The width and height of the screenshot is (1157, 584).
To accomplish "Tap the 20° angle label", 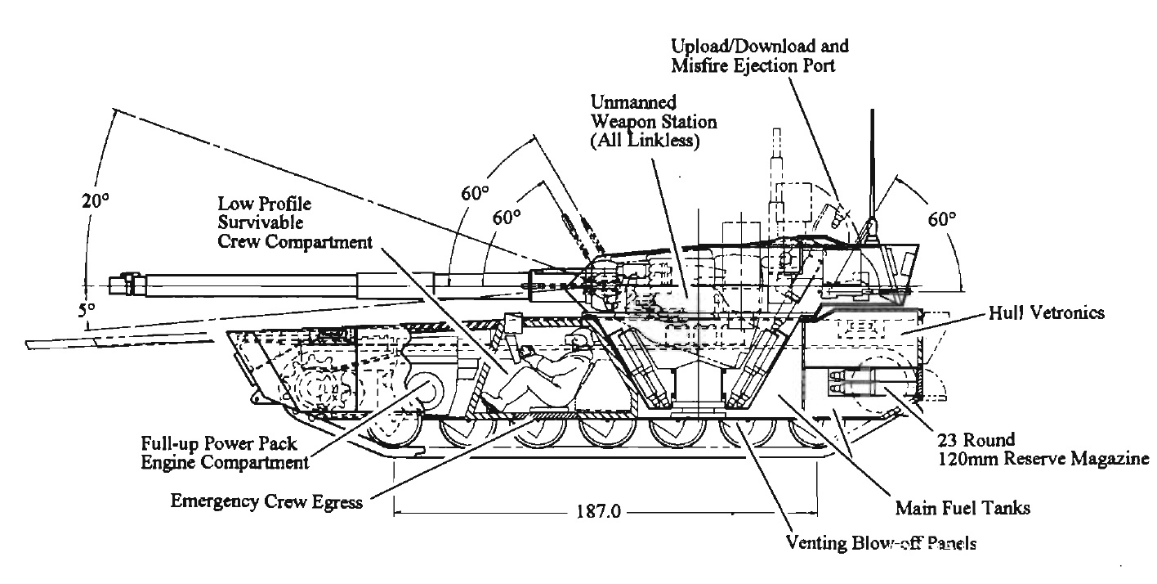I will point(96,201).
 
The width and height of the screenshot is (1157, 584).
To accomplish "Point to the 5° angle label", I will point(87,311).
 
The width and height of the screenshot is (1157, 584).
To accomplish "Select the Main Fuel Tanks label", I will point(962,508).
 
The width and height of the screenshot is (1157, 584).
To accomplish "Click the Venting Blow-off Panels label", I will point(880,543).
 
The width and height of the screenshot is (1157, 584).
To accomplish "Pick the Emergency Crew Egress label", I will point(266,501).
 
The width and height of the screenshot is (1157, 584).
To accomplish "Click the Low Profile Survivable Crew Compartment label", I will point(295,221).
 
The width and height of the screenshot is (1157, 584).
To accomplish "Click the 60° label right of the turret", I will point(940,219).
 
